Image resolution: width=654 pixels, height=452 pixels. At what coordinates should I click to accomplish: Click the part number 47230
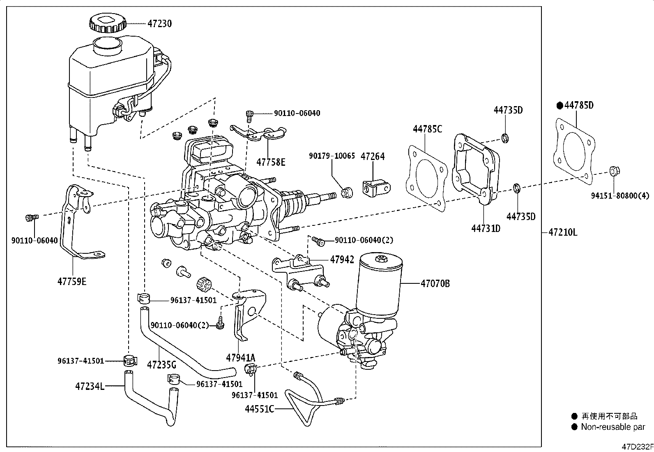[x=159, y=24]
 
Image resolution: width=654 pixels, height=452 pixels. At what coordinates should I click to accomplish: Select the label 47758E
[x=270, y=162]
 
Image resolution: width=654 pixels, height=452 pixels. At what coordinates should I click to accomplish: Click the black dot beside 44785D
[x=560, y=106]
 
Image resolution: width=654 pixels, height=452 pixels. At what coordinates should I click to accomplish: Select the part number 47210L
[x=562, y=233]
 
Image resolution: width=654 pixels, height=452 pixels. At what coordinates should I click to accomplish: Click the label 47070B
[x=435, y=283]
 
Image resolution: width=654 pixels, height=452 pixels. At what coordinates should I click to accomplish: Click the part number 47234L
[x=90, y=386]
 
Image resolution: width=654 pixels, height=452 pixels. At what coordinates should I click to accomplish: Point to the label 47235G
[x=161, y=364]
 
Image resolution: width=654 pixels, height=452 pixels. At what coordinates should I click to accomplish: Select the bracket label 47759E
[x=72, y=282]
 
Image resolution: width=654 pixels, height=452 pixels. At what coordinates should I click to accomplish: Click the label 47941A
[x=240, y=358]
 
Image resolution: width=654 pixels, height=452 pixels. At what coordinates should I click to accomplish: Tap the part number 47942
[x=342, y=260]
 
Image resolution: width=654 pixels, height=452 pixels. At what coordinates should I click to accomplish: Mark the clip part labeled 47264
[x=375, y=188]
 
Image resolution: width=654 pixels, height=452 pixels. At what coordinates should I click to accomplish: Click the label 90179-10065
[x=332, y=156]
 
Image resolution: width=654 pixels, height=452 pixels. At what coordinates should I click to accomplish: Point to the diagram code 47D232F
[x=636, y=447]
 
